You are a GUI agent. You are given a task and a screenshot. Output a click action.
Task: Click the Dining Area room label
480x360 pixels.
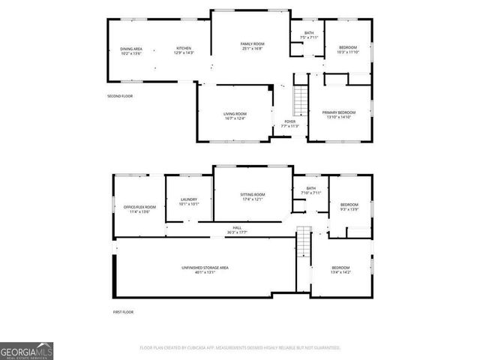131,51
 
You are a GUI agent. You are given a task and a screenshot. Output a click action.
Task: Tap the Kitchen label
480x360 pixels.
184,51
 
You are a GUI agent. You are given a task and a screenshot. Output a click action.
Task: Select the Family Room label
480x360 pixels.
252,46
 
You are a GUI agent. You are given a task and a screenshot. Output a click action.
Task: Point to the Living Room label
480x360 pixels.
235,116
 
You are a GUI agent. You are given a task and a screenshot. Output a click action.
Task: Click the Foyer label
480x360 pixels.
289,124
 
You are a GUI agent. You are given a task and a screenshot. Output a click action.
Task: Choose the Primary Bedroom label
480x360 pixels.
339,115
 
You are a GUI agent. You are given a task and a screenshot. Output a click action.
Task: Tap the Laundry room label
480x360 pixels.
188,202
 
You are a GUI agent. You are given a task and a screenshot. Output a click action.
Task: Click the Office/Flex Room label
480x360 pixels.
139,209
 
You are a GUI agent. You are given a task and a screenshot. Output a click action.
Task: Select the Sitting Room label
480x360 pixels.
253,196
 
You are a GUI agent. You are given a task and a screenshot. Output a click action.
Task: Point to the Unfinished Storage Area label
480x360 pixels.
205,270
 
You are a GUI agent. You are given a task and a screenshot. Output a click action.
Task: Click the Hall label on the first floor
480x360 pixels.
237,230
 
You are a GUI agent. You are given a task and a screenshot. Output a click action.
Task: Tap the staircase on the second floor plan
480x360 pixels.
300,98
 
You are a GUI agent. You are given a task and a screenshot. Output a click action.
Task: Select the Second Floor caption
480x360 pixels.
119,96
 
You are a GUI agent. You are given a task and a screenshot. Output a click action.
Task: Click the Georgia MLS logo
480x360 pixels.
26,350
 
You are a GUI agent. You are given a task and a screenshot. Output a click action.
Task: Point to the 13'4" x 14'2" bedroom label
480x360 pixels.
340,270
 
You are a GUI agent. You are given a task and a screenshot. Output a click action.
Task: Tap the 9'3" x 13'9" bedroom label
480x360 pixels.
349,207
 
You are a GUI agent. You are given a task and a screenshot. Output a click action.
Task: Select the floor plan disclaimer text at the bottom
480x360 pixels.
240,348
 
